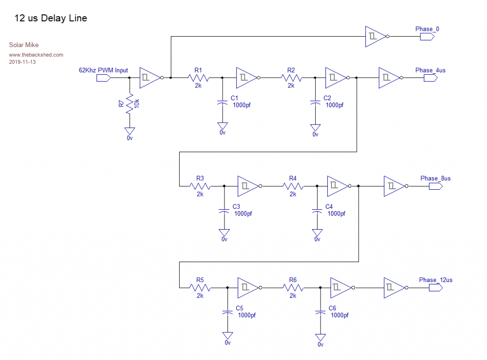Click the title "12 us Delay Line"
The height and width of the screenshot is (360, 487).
pyautogui.click(x=51, y=19)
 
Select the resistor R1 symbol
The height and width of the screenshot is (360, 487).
pyautogui.click(x=198, y=78)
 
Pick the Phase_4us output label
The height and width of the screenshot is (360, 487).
pyautogui.click(x=430, y=70)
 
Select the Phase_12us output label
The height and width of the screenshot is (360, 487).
pyautogui.click(x=436, y=280)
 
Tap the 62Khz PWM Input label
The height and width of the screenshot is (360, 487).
pyautogui.click(x=103, y=70)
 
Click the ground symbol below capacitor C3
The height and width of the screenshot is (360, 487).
pyautogui.click(x=224, y=233)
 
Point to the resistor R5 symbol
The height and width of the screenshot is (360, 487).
pyautogui.click(x=200, y=288)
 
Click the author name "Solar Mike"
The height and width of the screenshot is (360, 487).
pyautogui.click(x=24, y=45)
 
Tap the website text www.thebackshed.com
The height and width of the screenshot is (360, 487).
pyautogui.click(x=36, y=55)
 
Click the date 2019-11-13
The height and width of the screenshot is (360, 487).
pyautogui.click(x=23, y=62)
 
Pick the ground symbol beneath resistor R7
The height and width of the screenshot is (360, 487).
pyautogui.click(x=129, y=131)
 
